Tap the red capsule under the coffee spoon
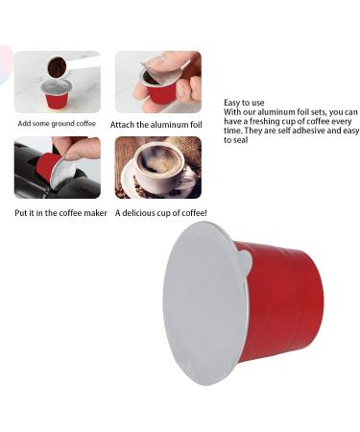[x=57, y=95]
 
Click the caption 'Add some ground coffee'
[x=57, y=124]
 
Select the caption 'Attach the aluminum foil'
[x=156, y=124]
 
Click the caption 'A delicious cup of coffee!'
[x=161, y=212]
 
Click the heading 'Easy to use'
[x=244, y=103]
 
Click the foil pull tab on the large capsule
[x=245, y=259]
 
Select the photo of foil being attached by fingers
[x=158, y=82]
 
